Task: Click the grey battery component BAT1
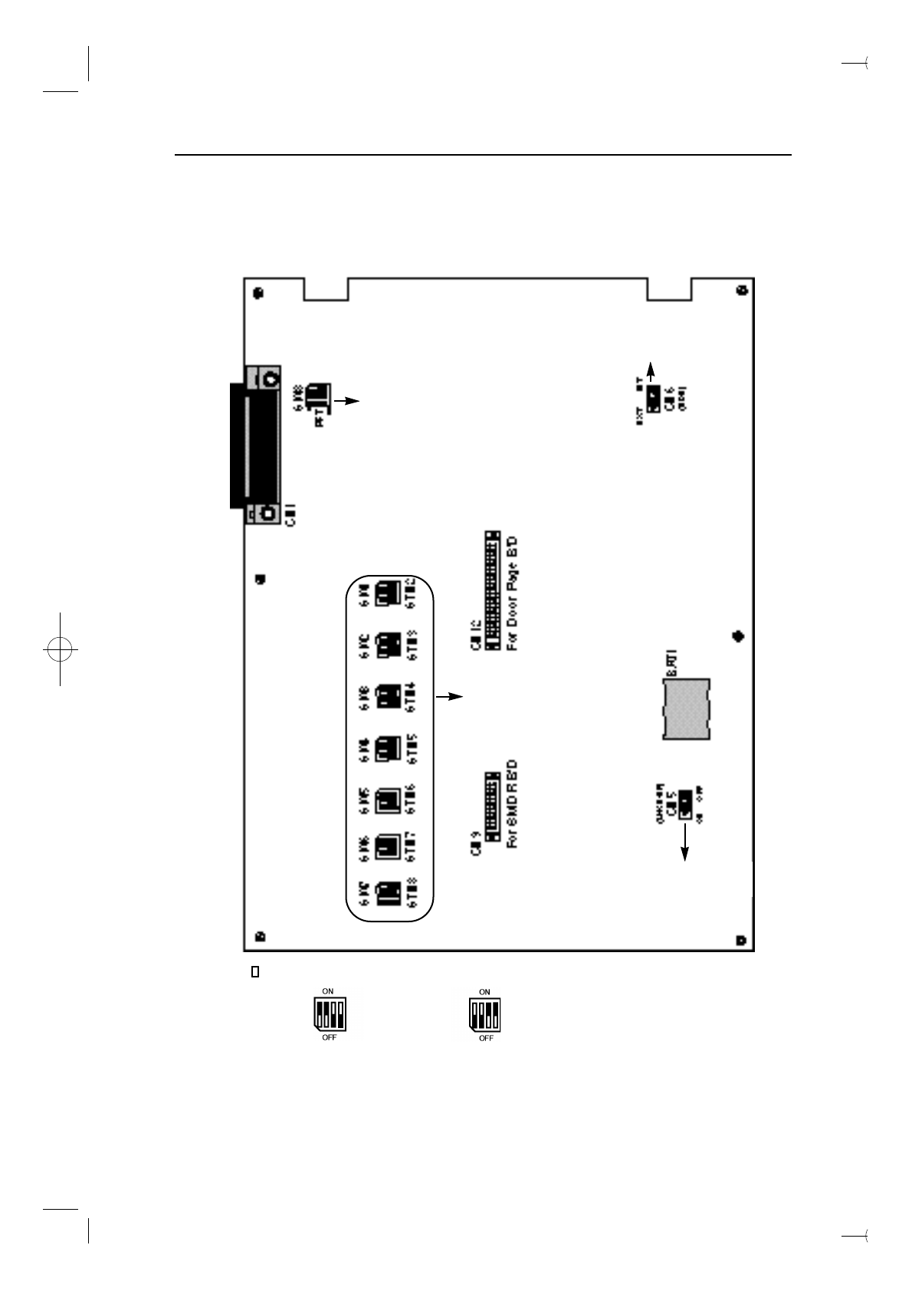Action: (687, 709)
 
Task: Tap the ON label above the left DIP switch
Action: (328, 991)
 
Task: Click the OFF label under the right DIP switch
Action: (486, 1038)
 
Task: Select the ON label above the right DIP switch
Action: (484, 991)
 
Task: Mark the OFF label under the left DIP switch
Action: (330, 1038)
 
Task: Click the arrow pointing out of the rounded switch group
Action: (450, 697)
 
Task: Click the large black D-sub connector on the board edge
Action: (238, 446)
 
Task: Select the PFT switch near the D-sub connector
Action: (317, 396)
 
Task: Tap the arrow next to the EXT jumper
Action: (650, 372)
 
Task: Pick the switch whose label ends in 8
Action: (390, 892)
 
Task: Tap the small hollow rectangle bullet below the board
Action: (255, 973)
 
